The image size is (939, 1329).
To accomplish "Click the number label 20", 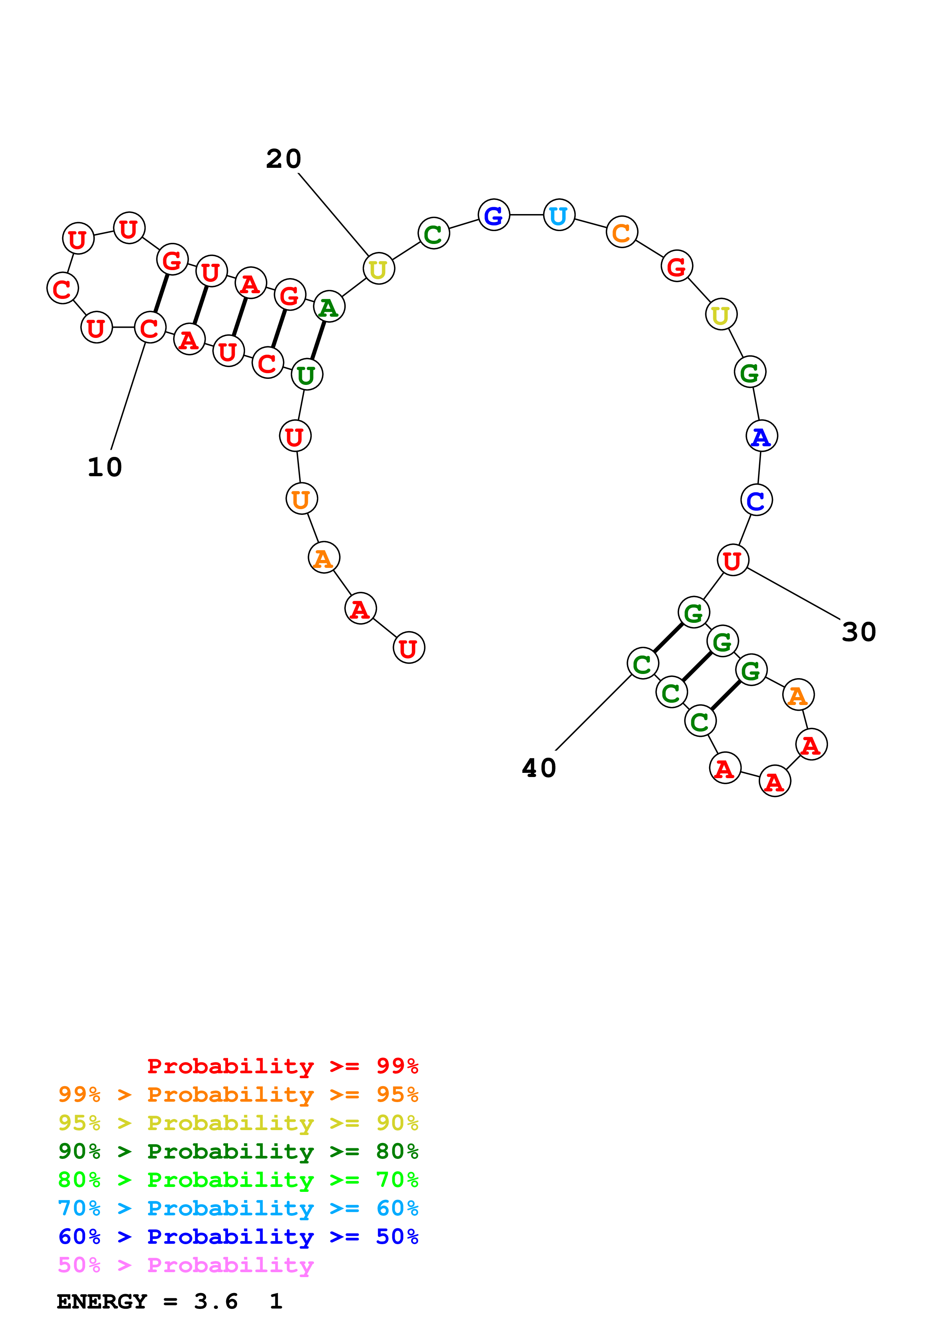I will pyautogui.click(x=283, y=159).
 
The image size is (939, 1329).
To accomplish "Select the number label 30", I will pyautogui.click(x=859, y=632).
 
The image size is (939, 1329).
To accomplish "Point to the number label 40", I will pyautogui.click(x=539, y=768).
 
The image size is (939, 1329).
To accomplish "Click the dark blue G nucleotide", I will pyautogui.click(x=494, y=215).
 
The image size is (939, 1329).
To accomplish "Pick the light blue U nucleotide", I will pyautogui.click(x=559, y=215).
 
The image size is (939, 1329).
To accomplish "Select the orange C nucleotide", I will pyautogui.click(x=621, y=233).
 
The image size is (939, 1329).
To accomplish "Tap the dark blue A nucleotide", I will pyautogui.click(x=761, y=436).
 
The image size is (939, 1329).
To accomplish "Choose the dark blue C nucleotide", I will pyautogui.click(x=756, y=500).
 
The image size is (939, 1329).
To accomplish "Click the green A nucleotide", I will pyautogui.click(x=329, y=307).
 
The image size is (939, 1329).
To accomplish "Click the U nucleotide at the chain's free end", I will pyautogui.click(x=408, y=648).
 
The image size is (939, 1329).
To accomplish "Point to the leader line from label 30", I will pyautogui.click(x=793, y=594).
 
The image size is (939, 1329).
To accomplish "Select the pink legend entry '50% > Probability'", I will pyautogui.click(x=186, y=1265).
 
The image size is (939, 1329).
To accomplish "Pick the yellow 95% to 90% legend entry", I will pyautogui.click(x=238, y=1123).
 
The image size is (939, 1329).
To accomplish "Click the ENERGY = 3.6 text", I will pyautogui.click(x=147, y=1301).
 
